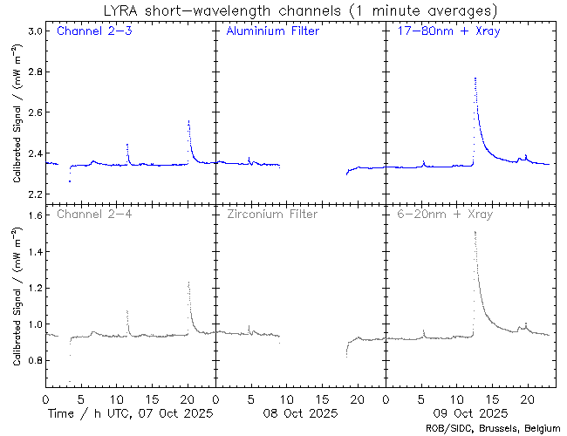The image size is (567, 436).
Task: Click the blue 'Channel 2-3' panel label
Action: point(94,32)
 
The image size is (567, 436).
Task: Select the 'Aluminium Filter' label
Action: point(272,32)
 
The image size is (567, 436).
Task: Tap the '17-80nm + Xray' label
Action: point(442,32)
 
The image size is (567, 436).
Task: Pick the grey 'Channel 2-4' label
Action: point(94,214)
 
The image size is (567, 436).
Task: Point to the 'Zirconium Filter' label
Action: point(272,214)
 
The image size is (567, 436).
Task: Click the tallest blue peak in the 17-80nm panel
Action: point(475,78)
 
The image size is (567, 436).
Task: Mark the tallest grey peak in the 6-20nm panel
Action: point(475,232)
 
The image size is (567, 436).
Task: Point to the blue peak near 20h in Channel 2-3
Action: point(188,121)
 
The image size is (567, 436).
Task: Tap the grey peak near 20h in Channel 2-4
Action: point(188,282)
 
